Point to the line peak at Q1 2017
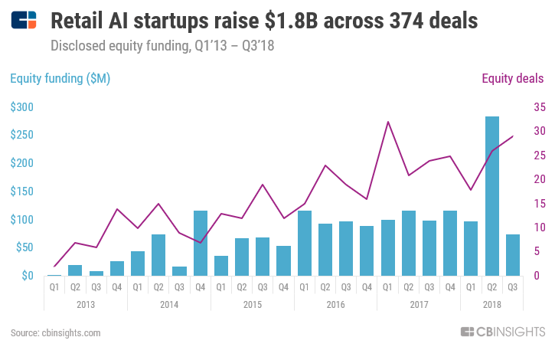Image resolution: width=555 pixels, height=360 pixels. tap(388, 122)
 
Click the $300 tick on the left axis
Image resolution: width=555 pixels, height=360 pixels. tap(21, 107)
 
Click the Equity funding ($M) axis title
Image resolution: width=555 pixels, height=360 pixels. tap(60, 78)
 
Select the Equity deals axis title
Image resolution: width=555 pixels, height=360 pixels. tap(512, 78)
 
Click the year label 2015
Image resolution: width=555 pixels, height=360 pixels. tap(253, 304)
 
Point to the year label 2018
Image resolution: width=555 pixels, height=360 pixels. tap(492, 304)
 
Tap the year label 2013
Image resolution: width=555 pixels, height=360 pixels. tap(86, 304)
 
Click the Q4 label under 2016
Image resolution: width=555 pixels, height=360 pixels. tap(367, 287)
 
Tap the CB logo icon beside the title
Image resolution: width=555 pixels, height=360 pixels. tap(24, 21)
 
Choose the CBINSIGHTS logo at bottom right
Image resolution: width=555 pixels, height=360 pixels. tap(501, 332)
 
